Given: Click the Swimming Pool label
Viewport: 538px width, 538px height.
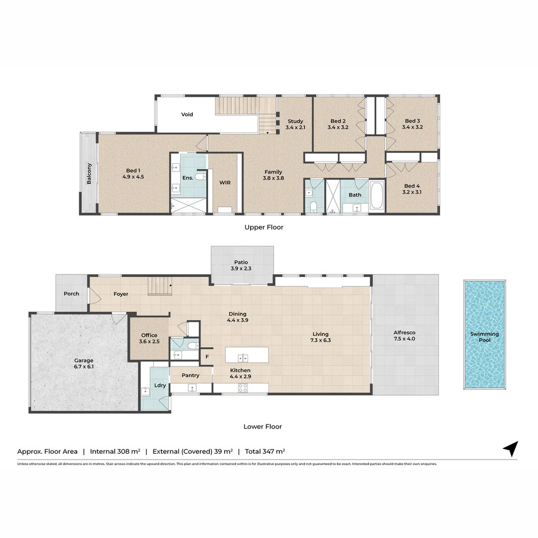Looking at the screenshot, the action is point(485,337).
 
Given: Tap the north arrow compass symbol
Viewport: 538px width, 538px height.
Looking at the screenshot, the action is point(511,448).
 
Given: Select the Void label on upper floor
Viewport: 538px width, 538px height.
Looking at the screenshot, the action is point(187,115).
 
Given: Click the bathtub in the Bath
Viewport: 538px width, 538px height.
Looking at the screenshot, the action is point(377,196).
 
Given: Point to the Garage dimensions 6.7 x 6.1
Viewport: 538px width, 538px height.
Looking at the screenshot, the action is point(84,367).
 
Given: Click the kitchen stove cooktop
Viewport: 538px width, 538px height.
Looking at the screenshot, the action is point(243,388).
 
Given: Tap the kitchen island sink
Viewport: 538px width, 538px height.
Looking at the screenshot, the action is point(243,358).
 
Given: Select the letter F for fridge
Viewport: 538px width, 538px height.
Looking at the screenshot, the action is point(207,357).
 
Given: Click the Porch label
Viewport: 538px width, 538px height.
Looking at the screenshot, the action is point(71,294).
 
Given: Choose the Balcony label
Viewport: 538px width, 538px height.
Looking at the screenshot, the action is point(89,174).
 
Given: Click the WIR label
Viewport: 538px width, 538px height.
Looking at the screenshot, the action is point(225,182).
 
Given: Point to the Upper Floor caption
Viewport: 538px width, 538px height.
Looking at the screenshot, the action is point(264,227).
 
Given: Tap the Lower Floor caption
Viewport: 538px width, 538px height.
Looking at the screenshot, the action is point(263,426).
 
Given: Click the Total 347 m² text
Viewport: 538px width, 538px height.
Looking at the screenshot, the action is point(265,451).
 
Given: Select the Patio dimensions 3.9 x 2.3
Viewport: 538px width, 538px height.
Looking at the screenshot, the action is point(241,269).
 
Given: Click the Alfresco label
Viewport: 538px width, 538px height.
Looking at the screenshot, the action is point(404,332).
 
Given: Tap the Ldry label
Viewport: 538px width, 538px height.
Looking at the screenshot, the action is point(160,385).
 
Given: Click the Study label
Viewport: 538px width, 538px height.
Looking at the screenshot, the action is point(295,121).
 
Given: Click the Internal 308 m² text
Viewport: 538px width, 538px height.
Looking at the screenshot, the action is point(115,451).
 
